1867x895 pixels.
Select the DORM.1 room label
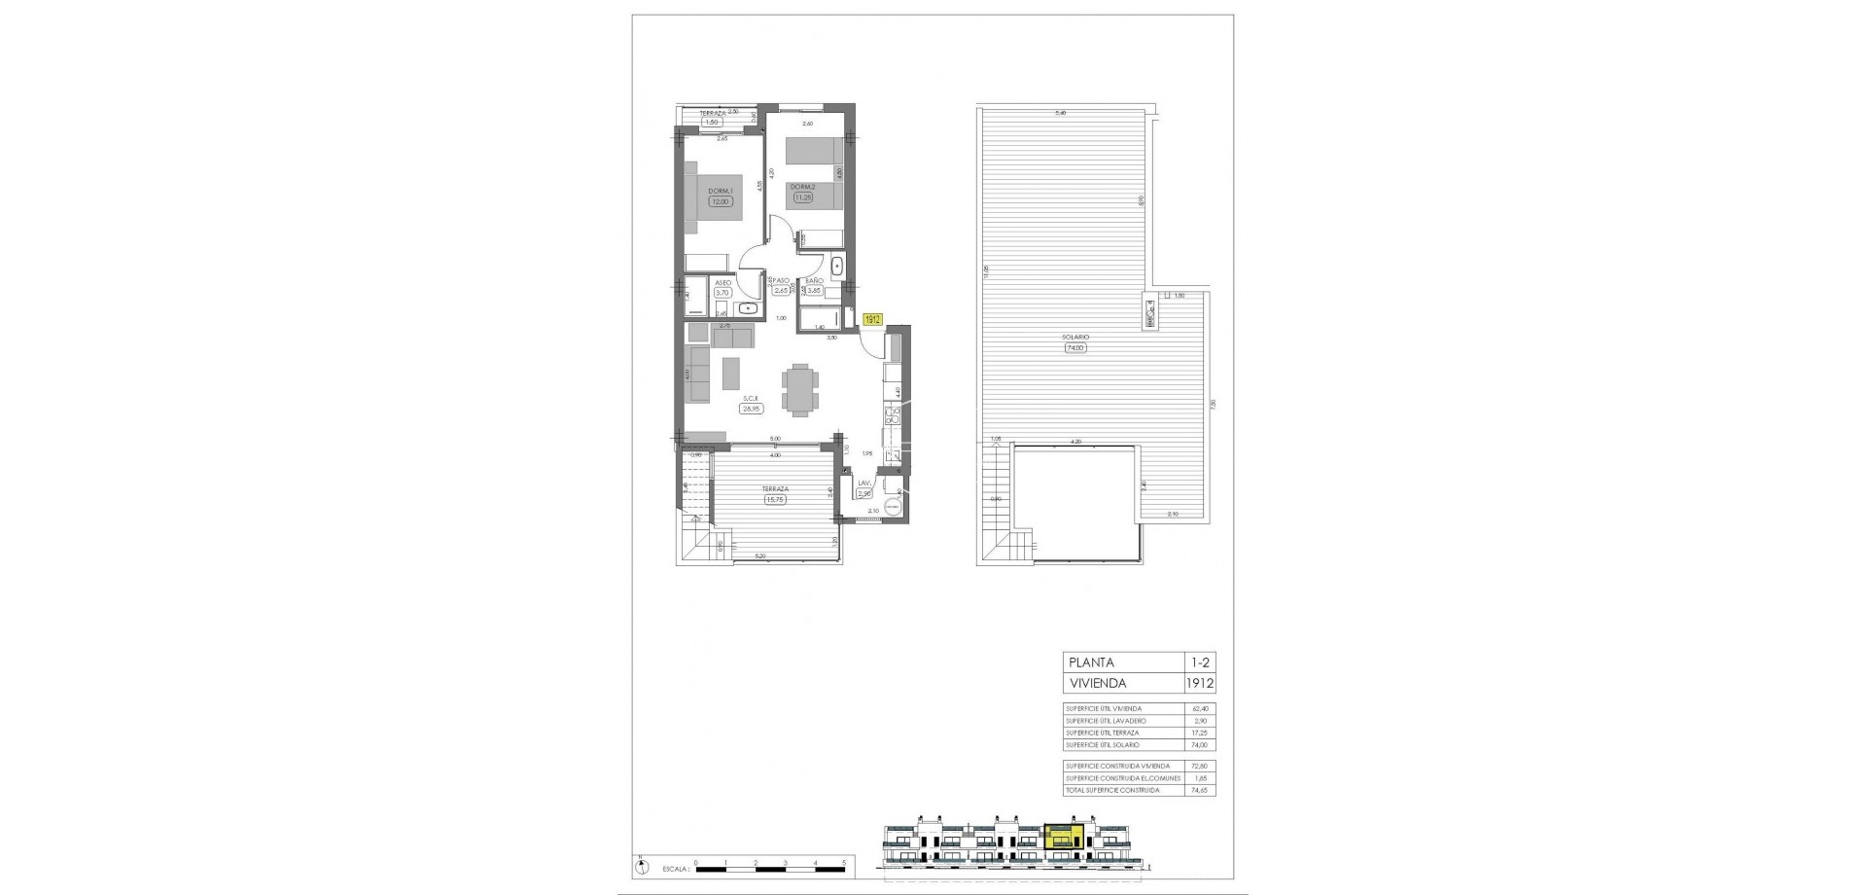point(719,190)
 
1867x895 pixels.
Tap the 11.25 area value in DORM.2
point(802,197)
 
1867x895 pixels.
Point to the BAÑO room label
point(814,280)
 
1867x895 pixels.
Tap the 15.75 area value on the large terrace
point(775,500)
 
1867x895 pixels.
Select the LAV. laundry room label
point(862,483)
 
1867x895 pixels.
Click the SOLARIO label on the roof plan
point(1074,339)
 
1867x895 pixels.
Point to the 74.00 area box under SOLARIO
point(1074,347)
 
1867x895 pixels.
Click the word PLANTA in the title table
point(1091,662)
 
